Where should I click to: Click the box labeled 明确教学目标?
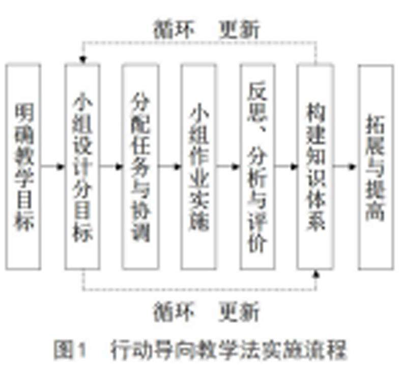23,166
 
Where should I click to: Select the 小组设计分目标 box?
82,166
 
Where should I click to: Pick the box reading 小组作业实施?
199,166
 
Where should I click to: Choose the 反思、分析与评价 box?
257,166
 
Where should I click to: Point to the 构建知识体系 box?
316,166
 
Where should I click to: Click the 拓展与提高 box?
375,166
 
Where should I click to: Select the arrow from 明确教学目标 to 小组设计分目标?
53,166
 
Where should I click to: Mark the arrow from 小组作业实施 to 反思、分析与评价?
228,166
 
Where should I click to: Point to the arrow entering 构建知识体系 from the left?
287,166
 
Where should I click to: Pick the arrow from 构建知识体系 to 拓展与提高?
346,166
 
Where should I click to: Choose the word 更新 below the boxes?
239,310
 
